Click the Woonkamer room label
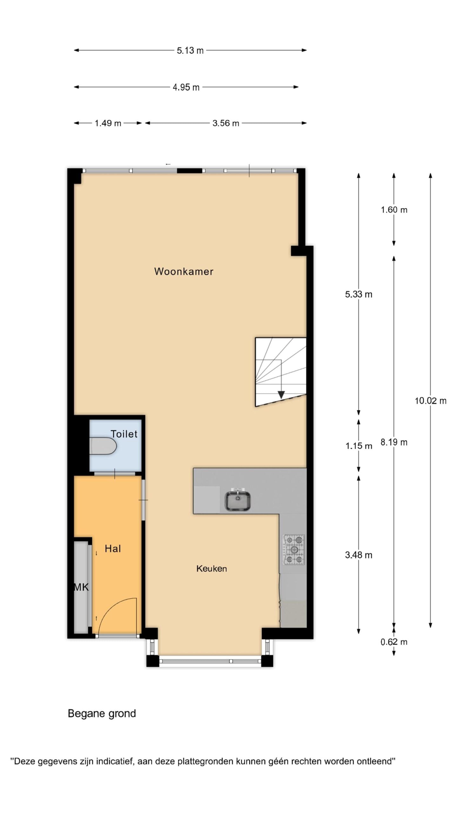point(183,272)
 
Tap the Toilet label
point(124,434)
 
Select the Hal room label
point(113,548)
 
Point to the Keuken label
point(211,568)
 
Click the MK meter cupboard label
point(81,587)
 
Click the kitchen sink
point(238,501)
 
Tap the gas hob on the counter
point(294,549)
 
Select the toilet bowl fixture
point(103,446)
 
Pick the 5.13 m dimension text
point(190,50)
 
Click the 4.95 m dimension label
point(186,87)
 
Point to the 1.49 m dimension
point(108,123)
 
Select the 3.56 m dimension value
point(226,123)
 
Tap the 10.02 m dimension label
point(430,401)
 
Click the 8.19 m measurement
point(394,442)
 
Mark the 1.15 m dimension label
point(359,446)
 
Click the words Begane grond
point(102,714)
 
